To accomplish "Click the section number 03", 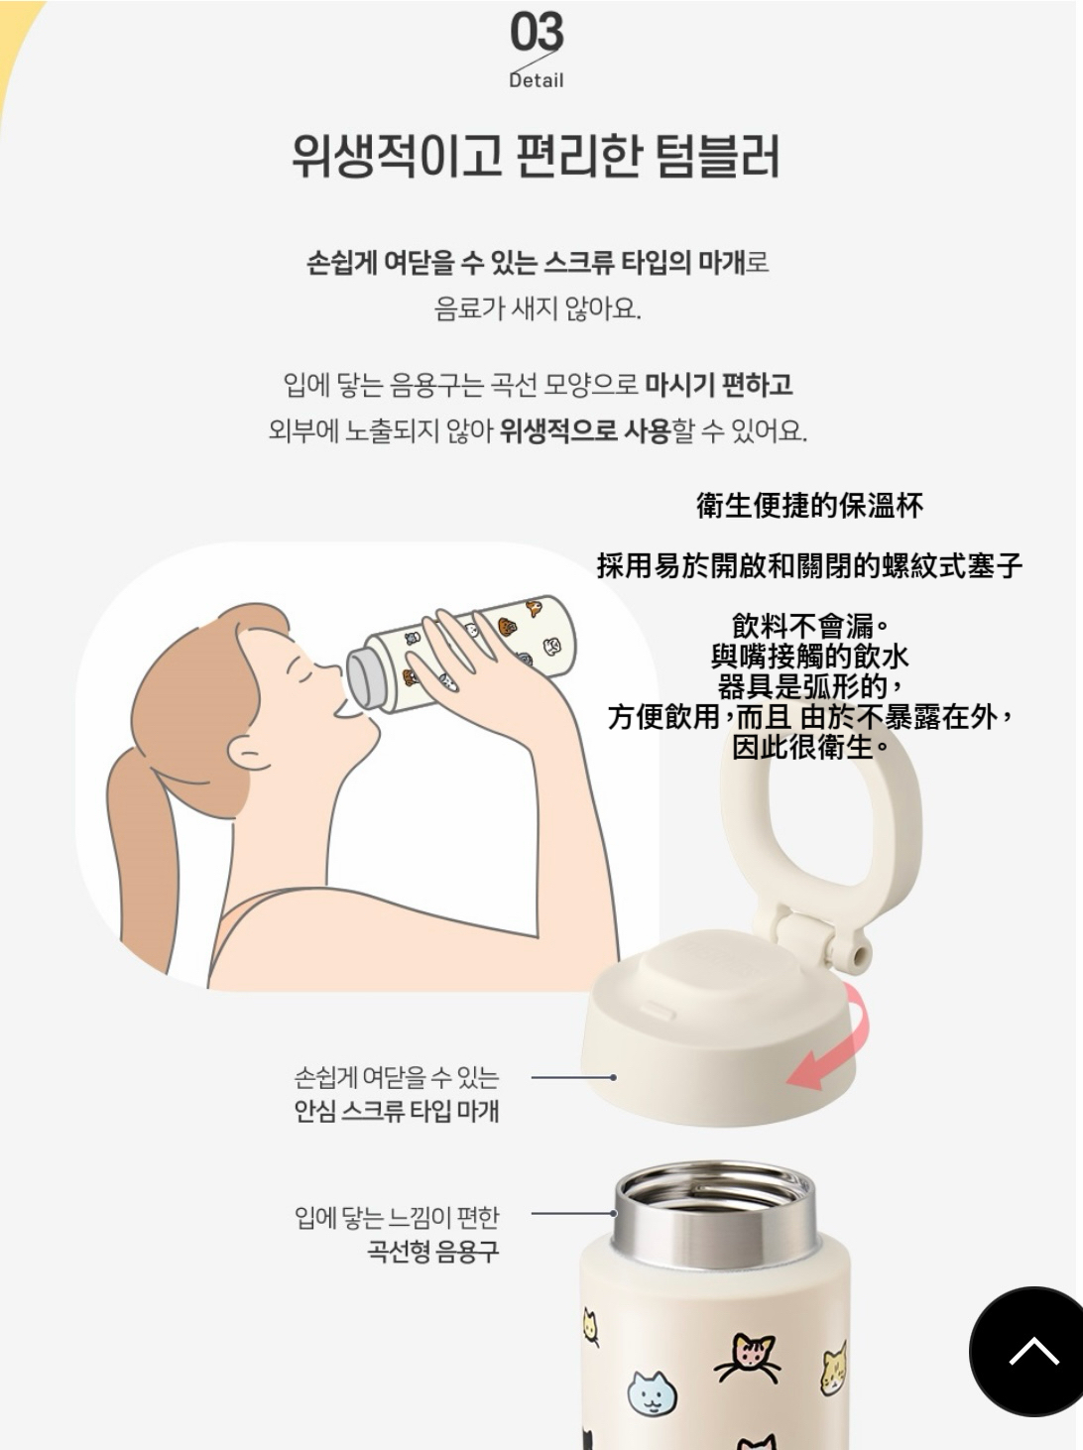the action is pyautogui.click(x=537, y=32).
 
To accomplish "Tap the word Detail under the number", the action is pyautogui.click(x=537, y=80).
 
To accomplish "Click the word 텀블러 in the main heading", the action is pyautogui.click(x=718, y=157).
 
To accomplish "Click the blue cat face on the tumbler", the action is pyautogui.click(x=653, y=1392).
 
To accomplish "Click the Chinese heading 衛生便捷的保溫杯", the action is pyautogui.click(x=809, y=506).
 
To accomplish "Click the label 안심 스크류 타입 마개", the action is pyautogui.click(x=397, y=1111).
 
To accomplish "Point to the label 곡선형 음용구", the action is pyautogui.click(x=433, y=1251).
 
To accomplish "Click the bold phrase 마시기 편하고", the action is pyautogui.click(x=719, y=385).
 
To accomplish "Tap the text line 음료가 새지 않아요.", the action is pyautogui.click(x=538, y=308).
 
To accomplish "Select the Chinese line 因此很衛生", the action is pyautogui.click(x=809, y=747).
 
